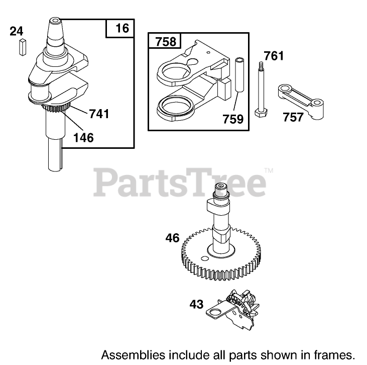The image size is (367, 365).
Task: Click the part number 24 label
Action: coord(17,31)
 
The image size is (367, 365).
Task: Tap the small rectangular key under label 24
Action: coord(21,46)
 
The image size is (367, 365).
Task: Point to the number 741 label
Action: coord(99,114)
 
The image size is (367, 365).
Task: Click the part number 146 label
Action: coord(83,136)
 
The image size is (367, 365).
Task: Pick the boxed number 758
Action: coord(165,41)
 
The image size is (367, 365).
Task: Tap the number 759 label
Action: coord(233,119)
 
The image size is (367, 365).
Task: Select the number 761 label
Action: coord(274,55)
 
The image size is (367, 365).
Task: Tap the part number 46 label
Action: coord(173,238)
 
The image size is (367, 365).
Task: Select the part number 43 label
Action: coord(197,304)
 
